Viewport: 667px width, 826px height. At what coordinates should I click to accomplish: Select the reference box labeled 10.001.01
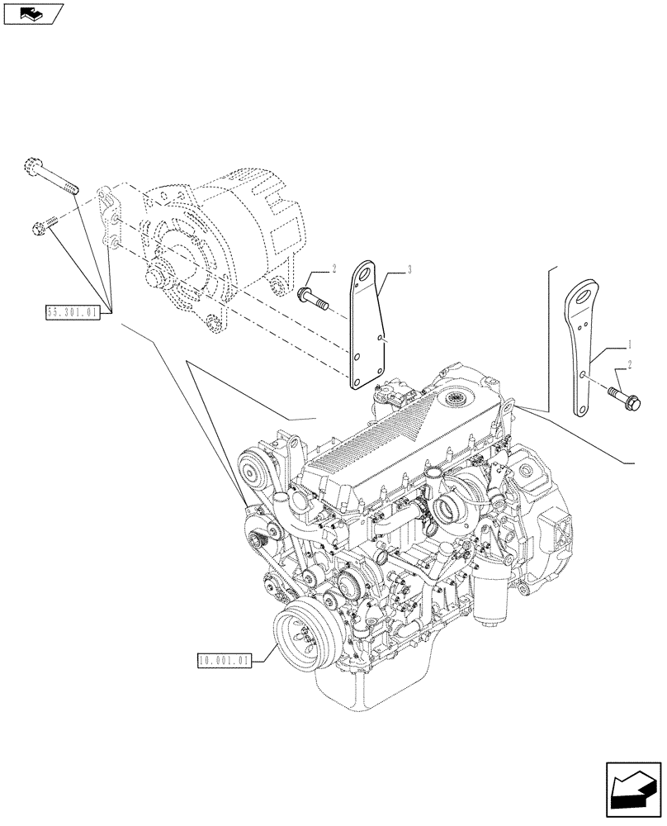click(x=225, y=659)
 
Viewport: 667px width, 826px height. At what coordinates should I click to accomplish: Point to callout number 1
click(x=631, y=341)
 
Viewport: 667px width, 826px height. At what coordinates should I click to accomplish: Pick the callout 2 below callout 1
click(x=631, y=363)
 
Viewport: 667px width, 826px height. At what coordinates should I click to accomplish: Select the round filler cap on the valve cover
click(x=456, y=401)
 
